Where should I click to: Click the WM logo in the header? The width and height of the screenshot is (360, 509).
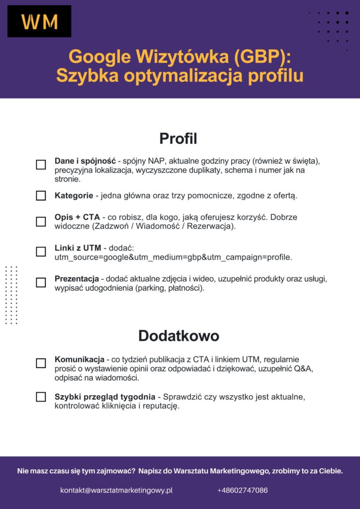point(39,21)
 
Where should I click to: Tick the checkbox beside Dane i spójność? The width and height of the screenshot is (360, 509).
point(41,165)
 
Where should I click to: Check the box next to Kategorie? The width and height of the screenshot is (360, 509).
point(41,195)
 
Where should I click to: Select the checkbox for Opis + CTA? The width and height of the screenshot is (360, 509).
point(41,221)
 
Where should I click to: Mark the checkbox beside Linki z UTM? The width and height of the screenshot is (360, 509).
point(41,252)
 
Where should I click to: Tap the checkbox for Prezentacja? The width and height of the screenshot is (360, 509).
point(41,282)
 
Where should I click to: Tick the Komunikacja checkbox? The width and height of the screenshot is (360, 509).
point(41,363)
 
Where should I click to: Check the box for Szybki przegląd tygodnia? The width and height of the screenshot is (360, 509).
point(41,397)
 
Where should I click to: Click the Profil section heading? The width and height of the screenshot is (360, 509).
point(178,139)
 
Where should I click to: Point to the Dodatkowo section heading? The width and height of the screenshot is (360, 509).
point(179,336)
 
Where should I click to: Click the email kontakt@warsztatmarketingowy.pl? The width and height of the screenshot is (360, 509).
point(116,490)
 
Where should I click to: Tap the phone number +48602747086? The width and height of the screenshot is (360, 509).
point(243,490)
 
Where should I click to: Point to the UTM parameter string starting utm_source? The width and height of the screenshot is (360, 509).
point(173,257)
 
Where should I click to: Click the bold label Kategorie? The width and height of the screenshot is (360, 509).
point(74,195)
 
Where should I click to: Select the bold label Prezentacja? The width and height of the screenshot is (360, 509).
point(77,278)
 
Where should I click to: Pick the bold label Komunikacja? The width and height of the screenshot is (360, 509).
point(79,359)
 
